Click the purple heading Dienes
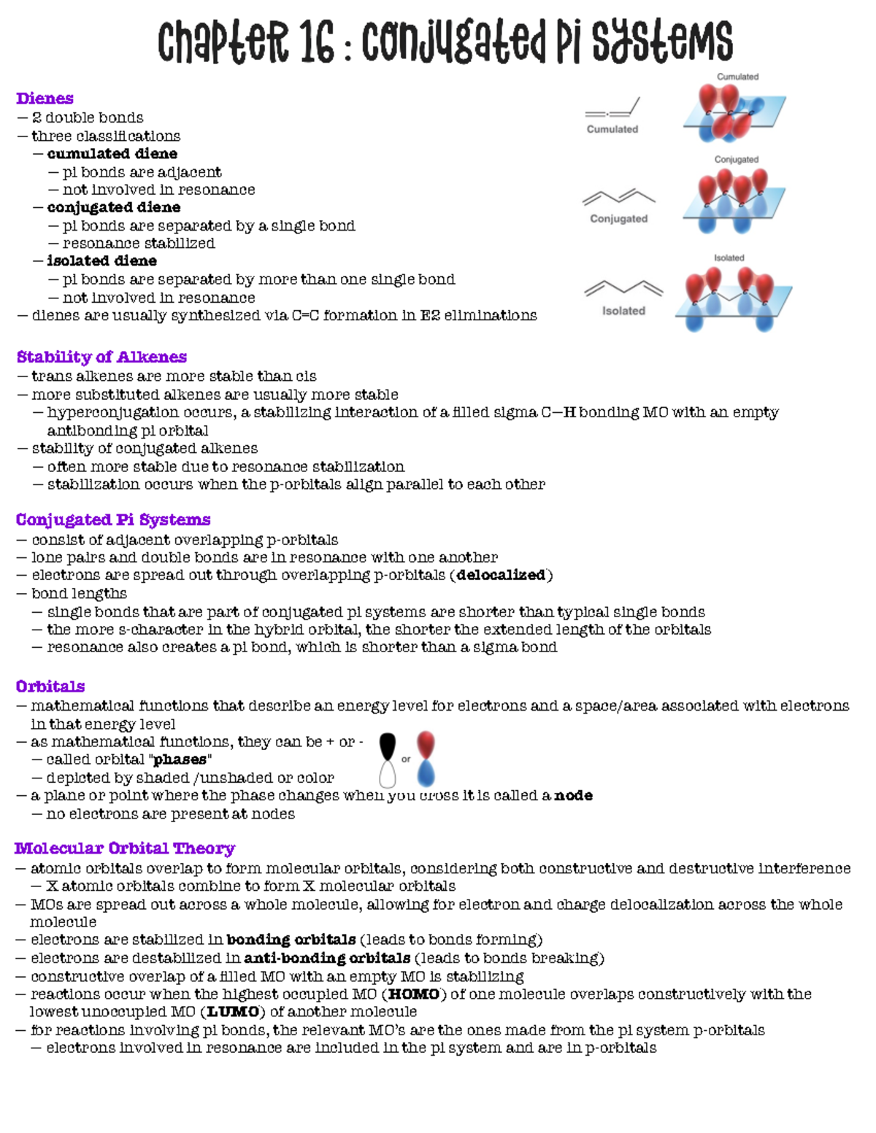pos(45,98)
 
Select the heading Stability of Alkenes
pos(101,357)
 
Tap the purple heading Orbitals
pos(50,687)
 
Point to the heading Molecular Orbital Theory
pos(125,848)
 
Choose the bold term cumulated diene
pos(112,154)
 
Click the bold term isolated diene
pos(102,261)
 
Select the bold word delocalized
pos(501,575)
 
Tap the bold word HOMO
pos(414,994)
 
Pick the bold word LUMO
pos(233,1012)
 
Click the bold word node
pos(573,795)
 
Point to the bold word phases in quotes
pos(180,759)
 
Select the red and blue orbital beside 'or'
pos(426,759)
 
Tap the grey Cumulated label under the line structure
pos(612,129)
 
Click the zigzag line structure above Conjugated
pos(619,196)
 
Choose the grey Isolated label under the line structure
pos(623,311)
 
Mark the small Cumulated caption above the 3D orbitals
pos(737,77)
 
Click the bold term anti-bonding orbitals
pos(327,958)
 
